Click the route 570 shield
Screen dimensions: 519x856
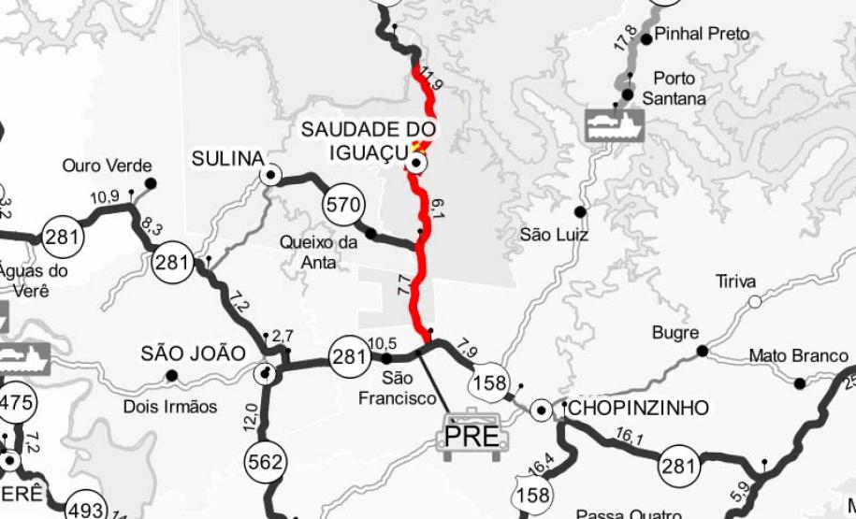(342, 205)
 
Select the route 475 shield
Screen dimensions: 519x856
(16, 404)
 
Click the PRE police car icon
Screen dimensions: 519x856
(472, 432)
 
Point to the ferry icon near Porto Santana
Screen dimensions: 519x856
(614, 123)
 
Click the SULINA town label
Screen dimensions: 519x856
(228, 158)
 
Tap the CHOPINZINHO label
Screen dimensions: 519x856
(638, 408)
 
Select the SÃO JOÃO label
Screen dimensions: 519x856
(193, 353)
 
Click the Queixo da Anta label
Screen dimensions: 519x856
(319, 252)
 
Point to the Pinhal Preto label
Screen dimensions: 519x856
(703, 34)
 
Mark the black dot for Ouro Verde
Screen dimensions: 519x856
(150, 183)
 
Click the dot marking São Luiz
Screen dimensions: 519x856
(580, 212)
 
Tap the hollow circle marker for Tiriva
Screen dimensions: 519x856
(754, 302)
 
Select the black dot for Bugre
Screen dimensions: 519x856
(702, 352)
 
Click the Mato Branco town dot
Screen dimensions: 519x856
(799, 383)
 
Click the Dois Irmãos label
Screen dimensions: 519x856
(170, 407)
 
